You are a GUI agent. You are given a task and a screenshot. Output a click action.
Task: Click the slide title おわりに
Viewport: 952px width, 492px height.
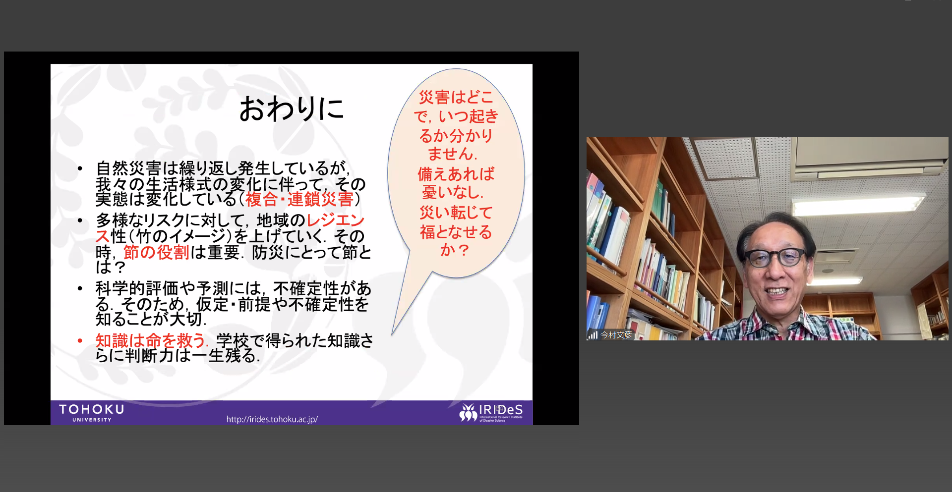[x=292, y=109]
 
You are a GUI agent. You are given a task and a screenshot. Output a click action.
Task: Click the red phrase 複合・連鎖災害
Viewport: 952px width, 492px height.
[x=299, y=199]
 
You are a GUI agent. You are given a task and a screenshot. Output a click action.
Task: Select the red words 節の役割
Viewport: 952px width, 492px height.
[x=156, y=252]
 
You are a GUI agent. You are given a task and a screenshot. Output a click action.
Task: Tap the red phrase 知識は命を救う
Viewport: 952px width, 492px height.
[x=150, y=340]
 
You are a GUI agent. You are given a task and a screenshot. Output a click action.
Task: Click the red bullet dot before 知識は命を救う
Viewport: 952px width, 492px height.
[x=80, y=340]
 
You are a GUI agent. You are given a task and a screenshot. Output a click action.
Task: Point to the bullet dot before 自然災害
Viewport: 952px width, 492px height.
[x=80, y=168]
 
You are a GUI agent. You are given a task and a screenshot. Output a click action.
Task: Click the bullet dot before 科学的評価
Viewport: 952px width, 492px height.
[x=80, y=288]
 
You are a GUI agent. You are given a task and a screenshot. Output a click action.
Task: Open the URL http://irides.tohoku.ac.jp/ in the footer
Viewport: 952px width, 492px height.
[x=272, y=419]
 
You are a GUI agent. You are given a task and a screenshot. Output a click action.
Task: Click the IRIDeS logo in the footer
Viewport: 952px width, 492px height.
[x=491, y=412]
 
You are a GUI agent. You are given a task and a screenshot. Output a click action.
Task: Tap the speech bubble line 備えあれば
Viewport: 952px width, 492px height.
[x=456, y=174]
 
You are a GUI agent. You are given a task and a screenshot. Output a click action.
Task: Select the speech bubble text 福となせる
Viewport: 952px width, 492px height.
[x=456, y=232]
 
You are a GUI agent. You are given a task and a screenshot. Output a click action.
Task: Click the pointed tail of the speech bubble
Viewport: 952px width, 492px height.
[x=392, y=334]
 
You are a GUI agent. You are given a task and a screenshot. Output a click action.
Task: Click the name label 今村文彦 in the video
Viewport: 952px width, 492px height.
[x=616, y=335]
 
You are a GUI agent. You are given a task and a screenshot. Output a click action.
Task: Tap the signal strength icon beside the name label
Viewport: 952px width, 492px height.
[x=593, y=335]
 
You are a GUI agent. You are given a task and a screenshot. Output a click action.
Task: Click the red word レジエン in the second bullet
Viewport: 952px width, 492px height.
[x=336, y=220]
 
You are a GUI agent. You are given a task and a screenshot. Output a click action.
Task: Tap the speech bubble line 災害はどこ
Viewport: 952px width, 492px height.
[x=456, y=97]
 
